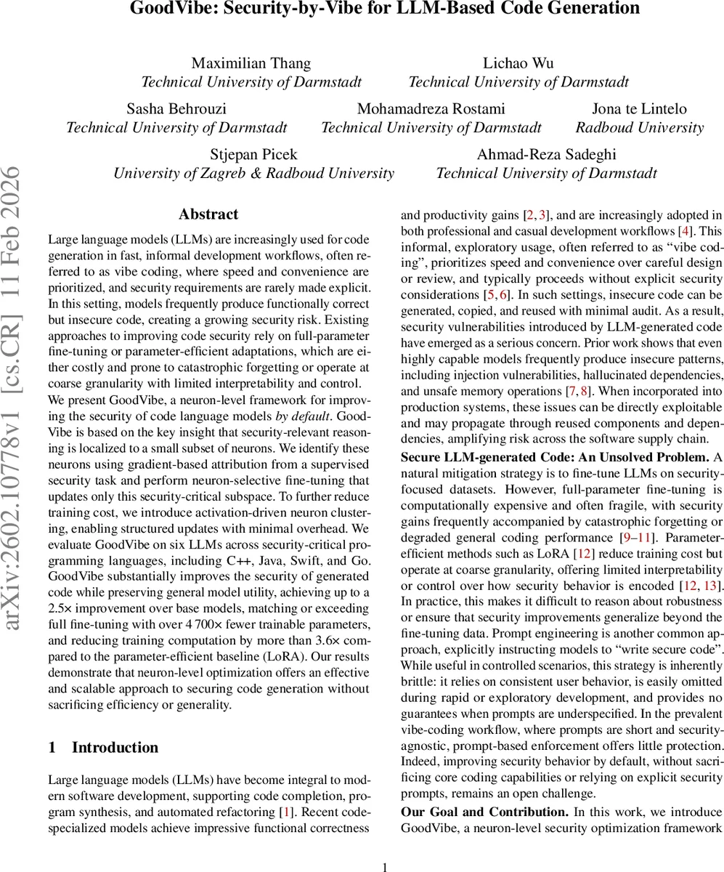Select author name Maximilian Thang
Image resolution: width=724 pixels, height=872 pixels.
pyautogui.click(x=251, y=63)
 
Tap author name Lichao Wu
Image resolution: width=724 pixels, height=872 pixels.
pyautogui.click(x=518, y=63)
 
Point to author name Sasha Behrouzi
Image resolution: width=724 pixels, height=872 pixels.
pyautogui.click(x=176, y=109)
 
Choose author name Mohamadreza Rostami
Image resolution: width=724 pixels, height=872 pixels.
pyautogui.click(x=431, y=109)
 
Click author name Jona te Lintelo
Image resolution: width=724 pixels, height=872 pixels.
pyautogui.click(x=639, y=109)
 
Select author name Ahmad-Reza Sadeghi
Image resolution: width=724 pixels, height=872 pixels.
pyautogui.click(x=546, y=155)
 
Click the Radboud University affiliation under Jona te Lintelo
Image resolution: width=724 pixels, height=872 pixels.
pyautogui.click(x=639, y=128)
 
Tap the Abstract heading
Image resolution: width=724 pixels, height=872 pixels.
pyautogui.click(x=208, y=214)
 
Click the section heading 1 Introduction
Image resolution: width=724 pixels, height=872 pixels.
pyautogui.click(x=103, y=748)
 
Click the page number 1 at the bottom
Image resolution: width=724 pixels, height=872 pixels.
pyautogui.click(x=386, y=866)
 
